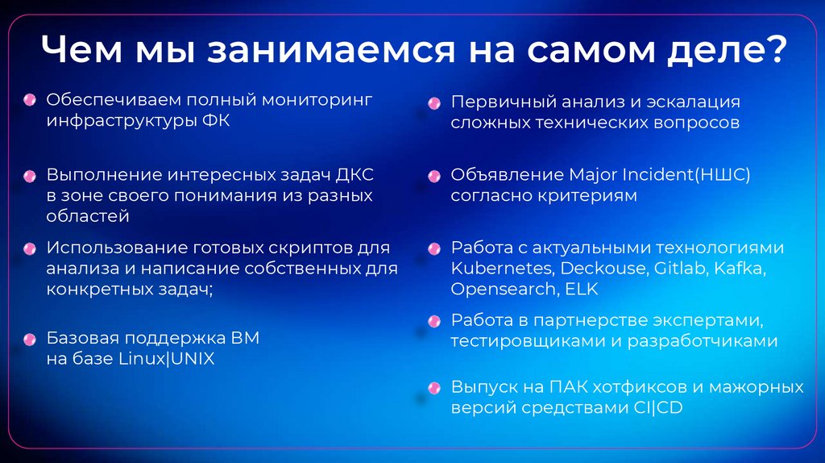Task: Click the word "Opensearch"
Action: [501, 289]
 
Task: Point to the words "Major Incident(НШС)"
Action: [659, 175]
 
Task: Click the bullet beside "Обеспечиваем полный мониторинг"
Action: [30, 100]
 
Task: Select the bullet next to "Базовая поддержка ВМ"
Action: [30, 338]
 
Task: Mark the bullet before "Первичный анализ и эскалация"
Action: [434, 103]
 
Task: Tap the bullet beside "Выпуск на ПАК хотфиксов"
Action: [434, 388]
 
